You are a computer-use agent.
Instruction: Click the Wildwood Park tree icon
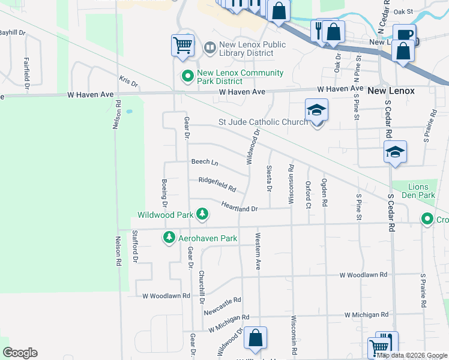(203, 214)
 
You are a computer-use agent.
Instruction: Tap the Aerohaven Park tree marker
(169, 238)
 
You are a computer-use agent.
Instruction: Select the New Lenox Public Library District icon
(209, 47)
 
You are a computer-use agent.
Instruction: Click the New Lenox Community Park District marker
(187, 76)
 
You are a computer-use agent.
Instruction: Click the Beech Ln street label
(205, 162)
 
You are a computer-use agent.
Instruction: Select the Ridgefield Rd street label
(217, 180)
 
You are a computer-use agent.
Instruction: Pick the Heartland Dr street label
(238, 208)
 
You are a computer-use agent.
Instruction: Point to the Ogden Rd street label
(324, 192)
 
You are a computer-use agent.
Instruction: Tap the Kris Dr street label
(128, 80)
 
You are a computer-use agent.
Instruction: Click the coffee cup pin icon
(405, 35)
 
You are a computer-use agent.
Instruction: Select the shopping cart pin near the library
(182, 44)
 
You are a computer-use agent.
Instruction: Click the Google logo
(20, 353)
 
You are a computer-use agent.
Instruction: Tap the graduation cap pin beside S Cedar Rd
(396, 152)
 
